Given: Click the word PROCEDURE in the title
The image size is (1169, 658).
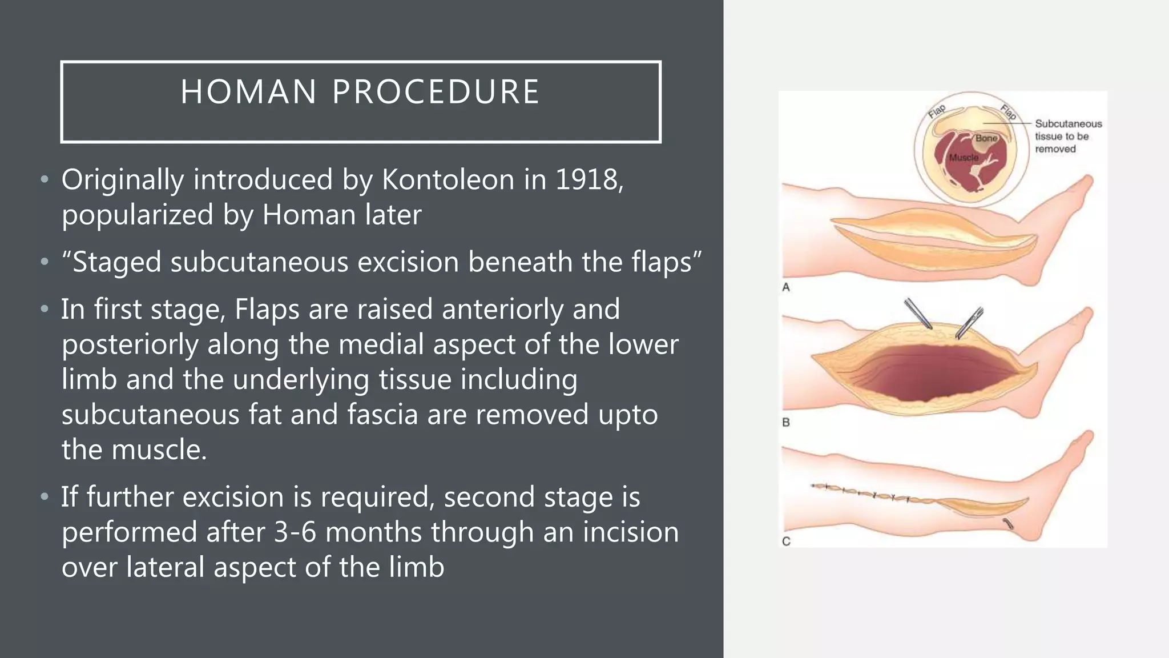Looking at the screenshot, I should [436, 92].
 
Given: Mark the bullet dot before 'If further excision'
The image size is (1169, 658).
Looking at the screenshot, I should [45, 496].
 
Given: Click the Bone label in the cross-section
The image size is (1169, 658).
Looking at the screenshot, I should [986, 138].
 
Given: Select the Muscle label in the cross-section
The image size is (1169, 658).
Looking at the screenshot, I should [964, 158].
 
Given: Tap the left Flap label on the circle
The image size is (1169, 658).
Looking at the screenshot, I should [937, 111].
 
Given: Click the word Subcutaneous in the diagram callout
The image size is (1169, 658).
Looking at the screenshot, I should [1068, 124].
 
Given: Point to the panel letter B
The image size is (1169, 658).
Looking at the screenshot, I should [786, 423].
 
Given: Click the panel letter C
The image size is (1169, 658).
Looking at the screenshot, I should [786, 541].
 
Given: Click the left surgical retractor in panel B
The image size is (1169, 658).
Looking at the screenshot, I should [917, 314].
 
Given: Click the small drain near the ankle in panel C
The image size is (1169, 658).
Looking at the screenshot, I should [1008, 523].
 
